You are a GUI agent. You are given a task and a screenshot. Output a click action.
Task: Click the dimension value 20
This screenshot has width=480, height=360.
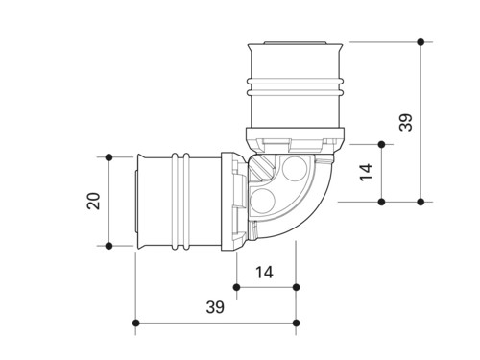pos(93,201)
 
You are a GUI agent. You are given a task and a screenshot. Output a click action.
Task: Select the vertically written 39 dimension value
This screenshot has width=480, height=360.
pos(406,122)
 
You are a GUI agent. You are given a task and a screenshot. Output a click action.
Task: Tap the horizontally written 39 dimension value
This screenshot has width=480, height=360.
pos(215,307)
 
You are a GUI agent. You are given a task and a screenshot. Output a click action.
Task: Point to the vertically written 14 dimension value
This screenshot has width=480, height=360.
pos(366,173)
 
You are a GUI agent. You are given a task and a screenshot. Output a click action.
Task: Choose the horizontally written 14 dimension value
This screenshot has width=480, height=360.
pos(264,273)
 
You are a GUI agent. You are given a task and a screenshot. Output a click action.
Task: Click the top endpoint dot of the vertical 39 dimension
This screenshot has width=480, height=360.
pos(420,42)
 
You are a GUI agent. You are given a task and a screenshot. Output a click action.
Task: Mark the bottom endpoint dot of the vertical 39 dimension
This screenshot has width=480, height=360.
pos(420,202)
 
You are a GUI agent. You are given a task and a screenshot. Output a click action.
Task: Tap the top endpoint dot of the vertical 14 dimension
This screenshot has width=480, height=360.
pos(381,145)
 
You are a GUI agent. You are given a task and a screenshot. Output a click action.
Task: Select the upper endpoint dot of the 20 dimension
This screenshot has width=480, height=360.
pos(108,157)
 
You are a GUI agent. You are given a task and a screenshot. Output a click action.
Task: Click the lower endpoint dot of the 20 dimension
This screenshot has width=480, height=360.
pos(108,246)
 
